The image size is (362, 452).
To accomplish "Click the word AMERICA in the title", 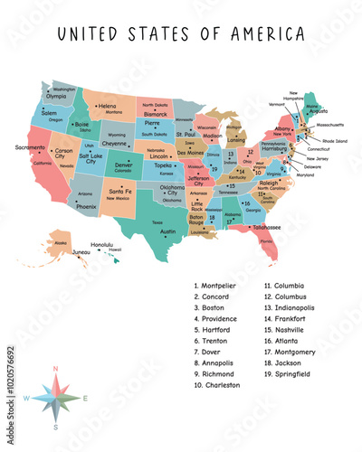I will point(266,35).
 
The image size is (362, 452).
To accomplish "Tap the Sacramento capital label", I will point(30,146).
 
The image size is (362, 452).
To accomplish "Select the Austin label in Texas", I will point(167,231).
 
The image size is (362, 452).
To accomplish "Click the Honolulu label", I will point(102,244).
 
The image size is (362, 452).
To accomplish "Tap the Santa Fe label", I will point(120,192).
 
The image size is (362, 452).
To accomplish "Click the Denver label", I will point(123,165).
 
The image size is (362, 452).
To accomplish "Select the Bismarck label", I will point(157,115).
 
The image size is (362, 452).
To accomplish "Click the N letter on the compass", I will point(56,369).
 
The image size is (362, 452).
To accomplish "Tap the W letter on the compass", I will point(25,398).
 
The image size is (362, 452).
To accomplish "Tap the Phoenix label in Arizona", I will point(86,206).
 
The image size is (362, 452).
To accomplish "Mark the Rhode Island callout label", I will point(334,141).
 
